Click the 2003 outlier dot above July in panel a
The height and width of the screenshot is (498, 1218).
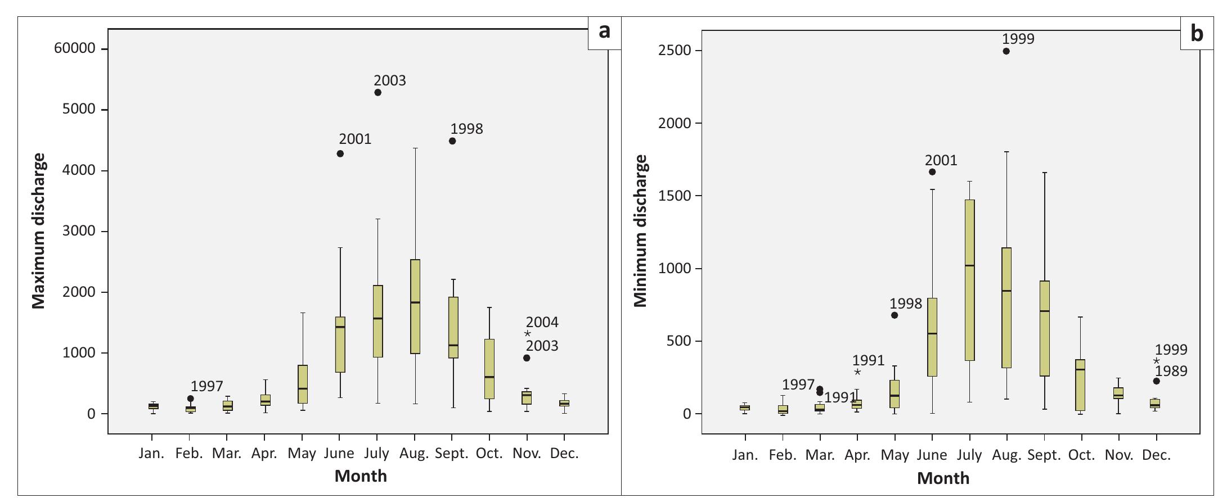[x=377, y=92]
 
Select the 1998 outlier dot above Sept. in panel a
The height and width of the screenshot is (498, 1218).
[x=452, y=141]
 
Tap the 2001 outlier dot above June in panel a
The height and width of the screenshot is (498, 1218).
[x=340, y=153]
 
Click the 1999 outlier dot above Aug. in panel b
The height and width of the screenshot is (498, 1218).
[x=1006, y=51]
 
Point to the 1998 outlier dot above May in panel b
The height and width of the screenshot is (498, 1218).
[x=895, y=315]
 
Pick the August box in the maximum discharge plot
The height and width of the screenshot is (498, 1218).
[x=415, y=306]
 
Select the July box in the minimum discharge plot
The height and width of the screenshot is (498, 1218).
[x=969, y=280]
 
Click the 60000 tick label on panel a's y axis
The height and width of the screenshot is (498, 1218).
[x=74, y=49]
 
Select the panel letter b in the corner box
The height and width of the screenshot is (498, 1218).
[x=1197, y=34]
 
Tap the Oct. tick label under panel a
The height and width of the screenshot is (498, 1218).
[x=489, y=453]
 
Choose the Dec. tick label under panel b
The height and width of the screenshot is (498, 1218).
[x=1156, y=455]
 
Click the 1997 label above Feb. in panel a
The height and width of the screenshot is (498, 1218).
[x=206, y=386]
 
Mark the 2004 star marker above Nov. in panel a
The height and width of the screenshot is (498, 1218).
[x=528, y=334]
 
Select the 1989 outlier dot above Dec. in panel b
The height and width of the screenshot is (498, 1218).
[x=1156, y=381]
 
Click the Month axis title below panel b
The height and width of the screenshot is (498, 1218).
[x=943, y=478]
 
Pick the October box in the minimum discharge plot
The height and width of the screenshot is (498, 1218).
[x=1081, y=385]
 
